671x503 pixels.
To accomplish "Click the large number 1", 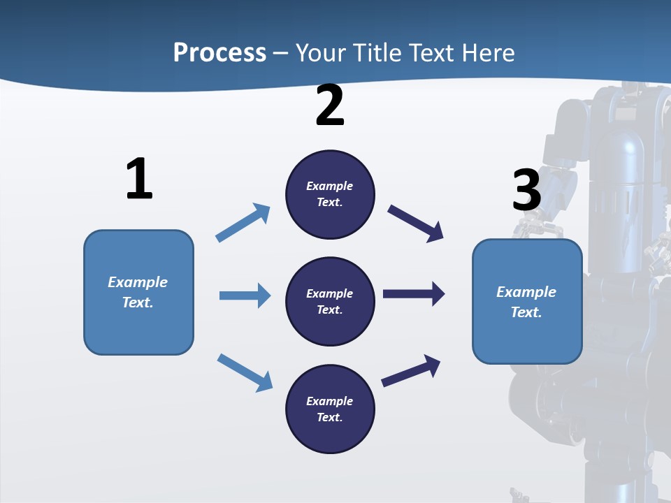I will tap(139, 180).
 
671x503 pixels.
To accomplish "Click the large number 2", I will tap(330, 106).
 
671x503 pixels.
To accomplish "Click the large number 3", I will tap(526, 191).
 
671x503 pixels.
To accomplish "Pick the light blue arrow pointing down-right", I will tap(245, 372).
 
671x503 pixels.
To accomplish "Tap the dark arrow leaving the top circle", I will tap(416, 223).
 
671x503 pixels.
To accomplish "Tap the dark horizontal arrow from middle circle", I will tap(414, 293).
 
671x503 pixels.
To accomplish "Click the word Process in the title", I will tap(219, 53).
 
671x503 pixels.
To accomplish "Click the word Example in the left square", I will tap(138, 282).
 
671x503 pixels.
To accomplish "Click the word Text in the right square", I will tap(526, 312).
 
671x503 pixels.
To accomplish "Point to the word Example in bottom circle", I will tap(329, 401).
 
